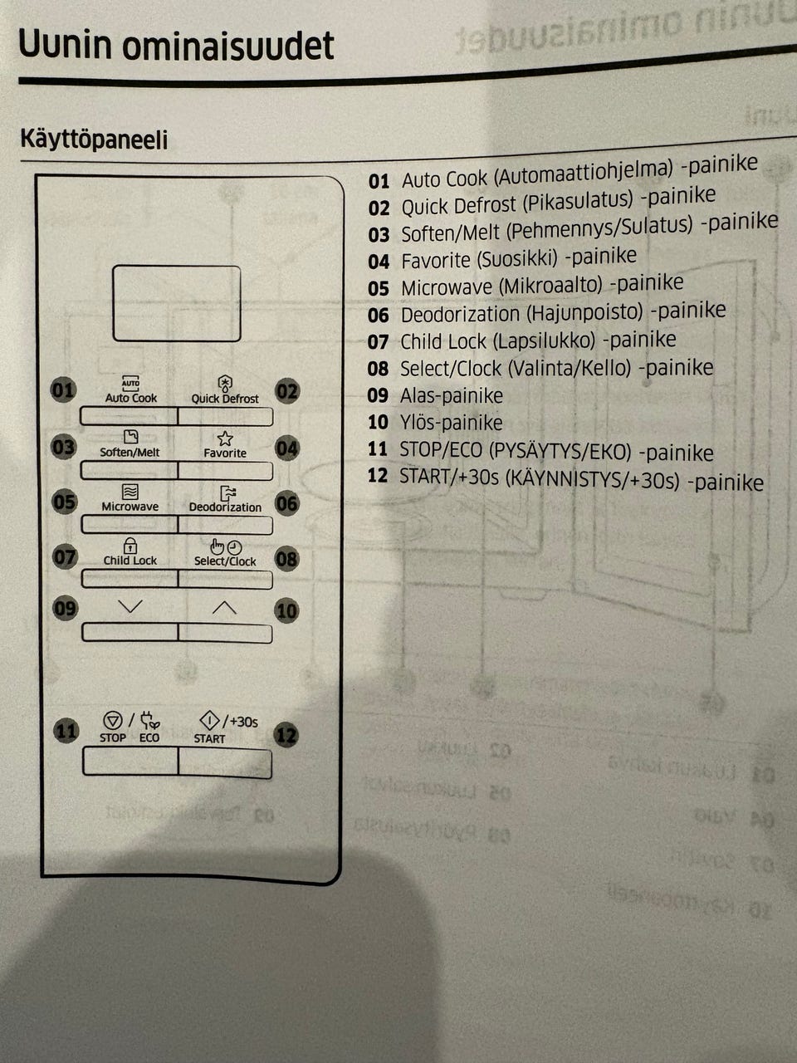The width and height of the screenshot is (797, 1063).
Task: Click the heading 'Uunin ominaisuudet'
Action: (x=176, y=46)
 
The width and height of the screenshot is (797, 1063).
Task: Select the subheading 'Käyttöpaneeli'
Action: (x=94, y=139)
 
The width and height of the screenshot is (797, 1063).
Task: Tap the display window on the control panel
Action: (x=176, y=303)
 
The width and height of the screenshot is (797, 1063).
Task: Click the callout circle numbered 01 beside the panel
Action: (x=63, y=389)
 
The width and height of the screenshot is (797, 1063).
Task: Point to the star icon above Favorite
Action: (x=225, y=438)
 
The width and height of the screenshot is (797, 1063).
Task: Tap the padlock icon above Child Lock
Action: (x=130, y=546)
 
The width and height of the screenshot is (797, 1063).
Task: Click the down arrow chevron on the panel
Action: (x=130, y=607)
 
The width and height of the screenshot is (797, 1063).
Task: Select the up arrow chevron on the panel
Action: (x=224, y=608)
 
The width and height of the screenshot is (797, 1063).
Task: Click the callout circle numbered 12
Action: (x=286, y=735)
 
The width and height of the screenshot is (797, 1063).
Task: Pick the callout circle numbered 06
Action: (x=286, y=503)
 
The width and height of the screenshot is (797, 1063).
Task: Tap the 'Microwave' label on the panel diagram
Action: (x=130, y=507)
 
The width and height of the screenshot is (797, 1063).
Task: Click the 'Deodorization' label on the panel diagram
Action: (x=225, y=507)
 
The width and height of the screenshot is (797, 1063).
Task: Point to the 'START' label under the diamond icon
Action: (x=209, y=738)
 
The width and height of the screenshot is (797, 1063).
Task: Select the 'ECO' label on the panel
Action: (x=149, y=737)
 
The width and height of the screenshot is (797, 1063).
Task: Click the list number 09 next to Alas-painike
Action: (x=378, y=395)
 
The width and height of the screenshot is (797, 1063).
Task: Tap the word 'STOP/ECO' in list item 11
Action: (x=440, y=451)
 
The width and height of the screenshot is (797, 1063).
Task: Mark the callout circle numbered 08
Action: (x=286, y=559)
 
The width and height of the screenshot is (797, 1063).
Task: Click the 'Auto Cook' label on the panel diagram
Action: (x=130, y=398)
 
